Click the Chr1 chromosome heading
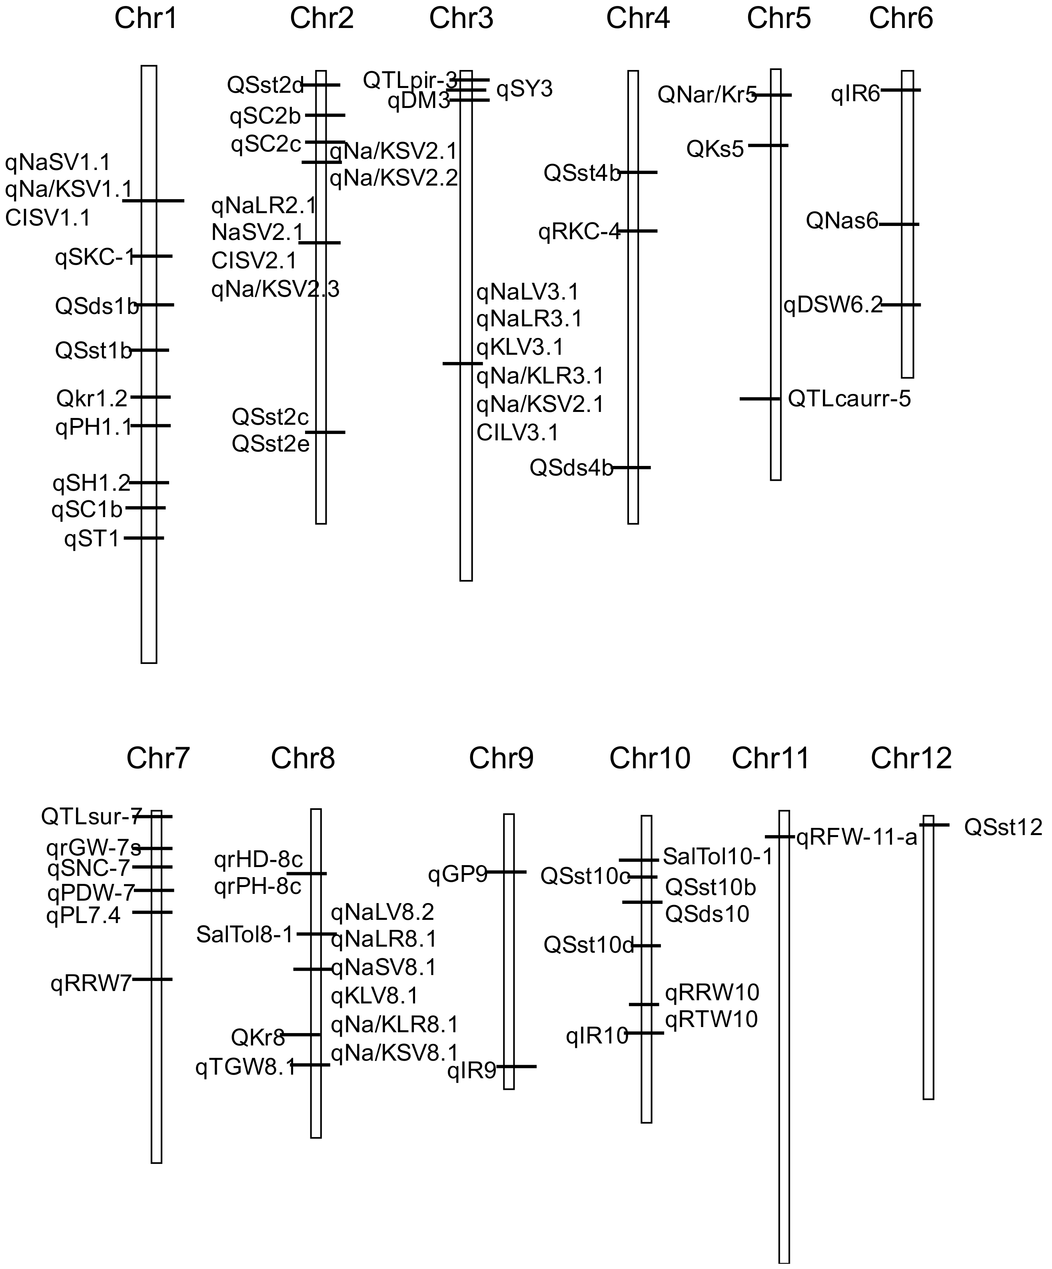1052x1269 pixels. pyautogui.click(x=146, y=18)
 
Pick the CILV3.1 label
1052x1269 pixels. pyautogui.click(x=518, y=433)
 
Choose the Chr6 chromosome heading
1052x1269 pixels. pyautogui.click(x=900, y=18)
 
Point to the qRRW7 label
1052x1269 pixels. pyautogui.click(x=91, y=984)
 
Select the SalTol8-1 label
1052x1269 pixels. pyautogui.click(x=244, y=935)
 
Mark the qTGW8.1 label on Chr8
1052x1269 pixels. pyautogui.click(x=245, y=1068)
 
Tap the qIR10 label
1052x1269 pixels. pyautogui.click(x=597, y=1036)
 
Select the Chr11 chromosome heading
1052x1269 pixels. pyautogui.click(x=771, y=758)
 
